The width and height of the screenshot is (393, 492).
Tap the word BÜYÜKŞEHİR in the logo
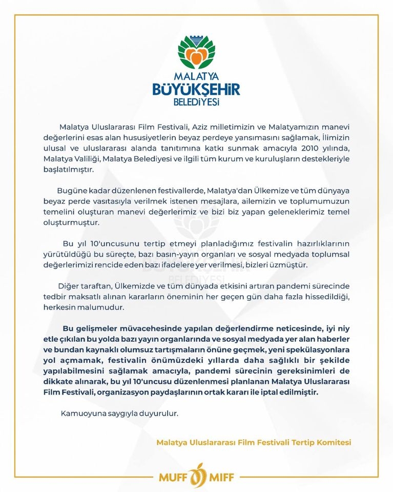[196, 90]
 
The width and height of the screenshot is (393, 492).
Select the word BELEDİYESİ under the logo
[196, 102]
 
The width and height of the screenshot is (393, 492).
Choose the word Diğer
[71, 285]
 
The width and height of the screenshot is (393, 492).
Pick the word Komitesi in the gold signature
[336, 442]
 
